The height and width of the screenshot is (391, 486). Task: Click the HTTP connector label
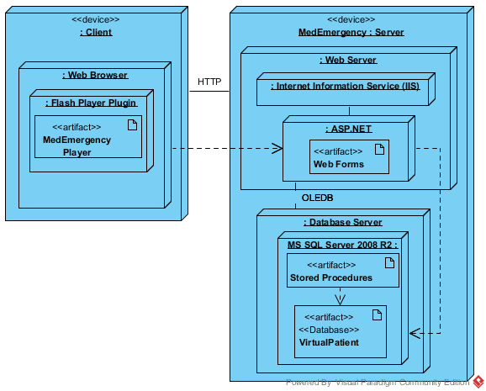click(x=209, y=82)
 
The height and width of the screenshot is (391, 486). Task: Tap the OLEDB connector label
click(x=317, y=198)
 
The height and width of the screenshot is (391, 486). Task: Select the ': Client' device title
click(x=96, y=32)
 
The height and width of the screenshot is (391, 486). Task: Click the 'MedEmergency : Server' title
click(x=351, y=32)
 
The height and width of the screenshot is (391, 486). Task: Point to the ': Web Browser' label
click(x=95, y=75)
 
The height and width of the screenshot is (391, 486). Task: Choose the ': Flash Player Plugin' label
click(x=92, y=103)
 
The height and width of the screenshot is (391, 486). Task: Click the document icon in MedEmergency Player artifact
click(x=132, y=124)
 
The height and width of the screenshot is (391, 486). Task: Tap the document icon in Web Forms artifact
click(x=380, y=149)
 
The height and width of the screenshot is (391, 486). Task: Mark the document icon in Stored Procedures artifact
click(x=389, y=262)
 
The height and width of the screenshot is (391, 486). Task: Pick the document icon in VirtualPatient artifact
click(x=377, y=314)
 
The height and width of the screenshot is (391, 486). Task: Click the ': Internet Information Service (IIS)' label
click(x=345, y=86)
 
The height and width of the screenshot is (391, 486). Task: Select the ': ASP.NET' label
click(x=349, y=129)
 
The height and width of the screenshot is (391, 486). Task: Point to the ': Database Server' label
click(x=343, y=222)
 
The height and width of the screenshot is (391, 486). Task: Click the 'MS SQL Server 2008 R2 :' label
click(x=342, y=245)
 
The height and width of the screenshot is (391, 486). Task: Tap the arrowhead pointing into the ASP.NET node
click(x=277, y=148)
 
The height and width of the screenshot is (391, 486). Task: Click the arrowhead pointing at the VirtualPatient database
click(x=415, y=333)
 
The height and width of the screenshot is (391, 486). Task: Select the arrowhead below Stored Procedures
click(x=340, y=299)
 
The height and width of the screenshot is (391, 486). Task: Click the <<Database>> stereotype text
click(x=329, y=330)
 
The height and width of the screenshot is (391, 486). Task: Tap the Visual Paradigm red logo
click(x=478, y=382)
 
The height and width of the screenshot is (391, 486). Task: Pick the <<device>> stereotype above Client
click(x=96, y=19)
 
